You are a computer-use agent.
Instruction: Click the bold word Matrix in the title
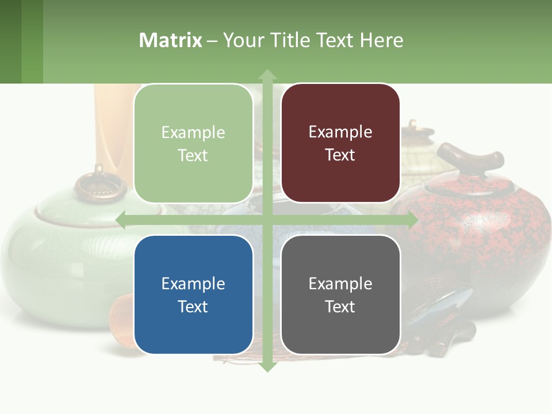point(170,40)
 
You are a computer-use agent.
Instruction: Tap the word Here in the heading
point(381,40)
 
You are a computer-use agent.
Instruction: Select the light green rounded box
point(193,143)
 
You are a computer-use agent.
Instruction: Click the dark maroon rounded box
point(340,143)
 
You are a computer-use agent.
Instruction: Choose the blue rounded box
point(193,294)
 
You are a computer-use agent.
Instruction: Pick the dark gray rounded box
point(340,294)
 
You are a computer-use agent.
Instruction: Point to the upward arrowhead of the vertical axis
point(267,75)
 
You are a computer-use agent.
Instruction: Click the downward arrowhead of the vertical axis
point(267,366)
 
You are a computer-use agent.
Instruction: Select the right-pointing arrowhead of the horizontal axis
point(412,220)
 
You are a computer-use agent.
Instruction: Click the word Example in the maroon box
point(340,132)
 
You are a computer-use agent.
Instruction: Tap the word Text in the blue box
point(193,306)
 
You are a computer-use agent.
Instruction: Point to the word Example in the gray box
point(340,283)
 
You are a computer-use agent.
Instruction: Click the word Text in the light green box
point(193,155)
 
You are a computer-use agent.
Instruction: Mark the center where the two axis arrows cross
point(267,220)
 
